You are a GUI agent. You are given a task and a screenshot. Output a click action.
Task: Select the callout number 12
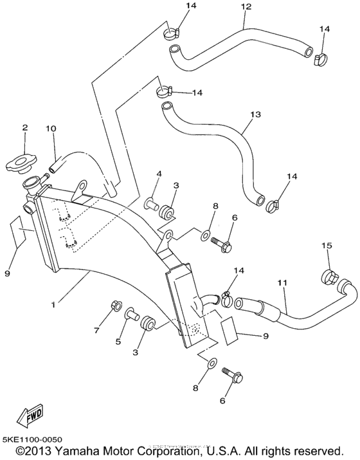coord(244,7)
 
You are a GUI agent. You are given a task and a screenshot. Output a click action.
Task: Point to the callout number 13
coord(255,115)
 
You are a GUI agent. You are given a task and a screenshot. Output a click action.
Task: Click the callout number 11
coord(282,282)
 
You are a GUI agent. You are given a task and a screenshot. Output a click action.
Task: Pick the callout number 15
coord(327,246)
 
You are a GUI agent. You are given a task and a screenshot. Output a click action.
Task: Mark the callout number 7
coord(97,330)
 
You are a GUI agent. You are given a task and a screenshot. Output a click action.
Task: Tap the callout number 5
coord(118,342)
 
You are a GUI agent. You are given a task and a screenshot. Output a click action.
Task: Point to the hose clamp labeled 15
coord(329,278)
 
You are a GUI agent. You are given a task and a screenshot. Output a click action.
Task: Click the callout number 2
coord(24,128)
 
